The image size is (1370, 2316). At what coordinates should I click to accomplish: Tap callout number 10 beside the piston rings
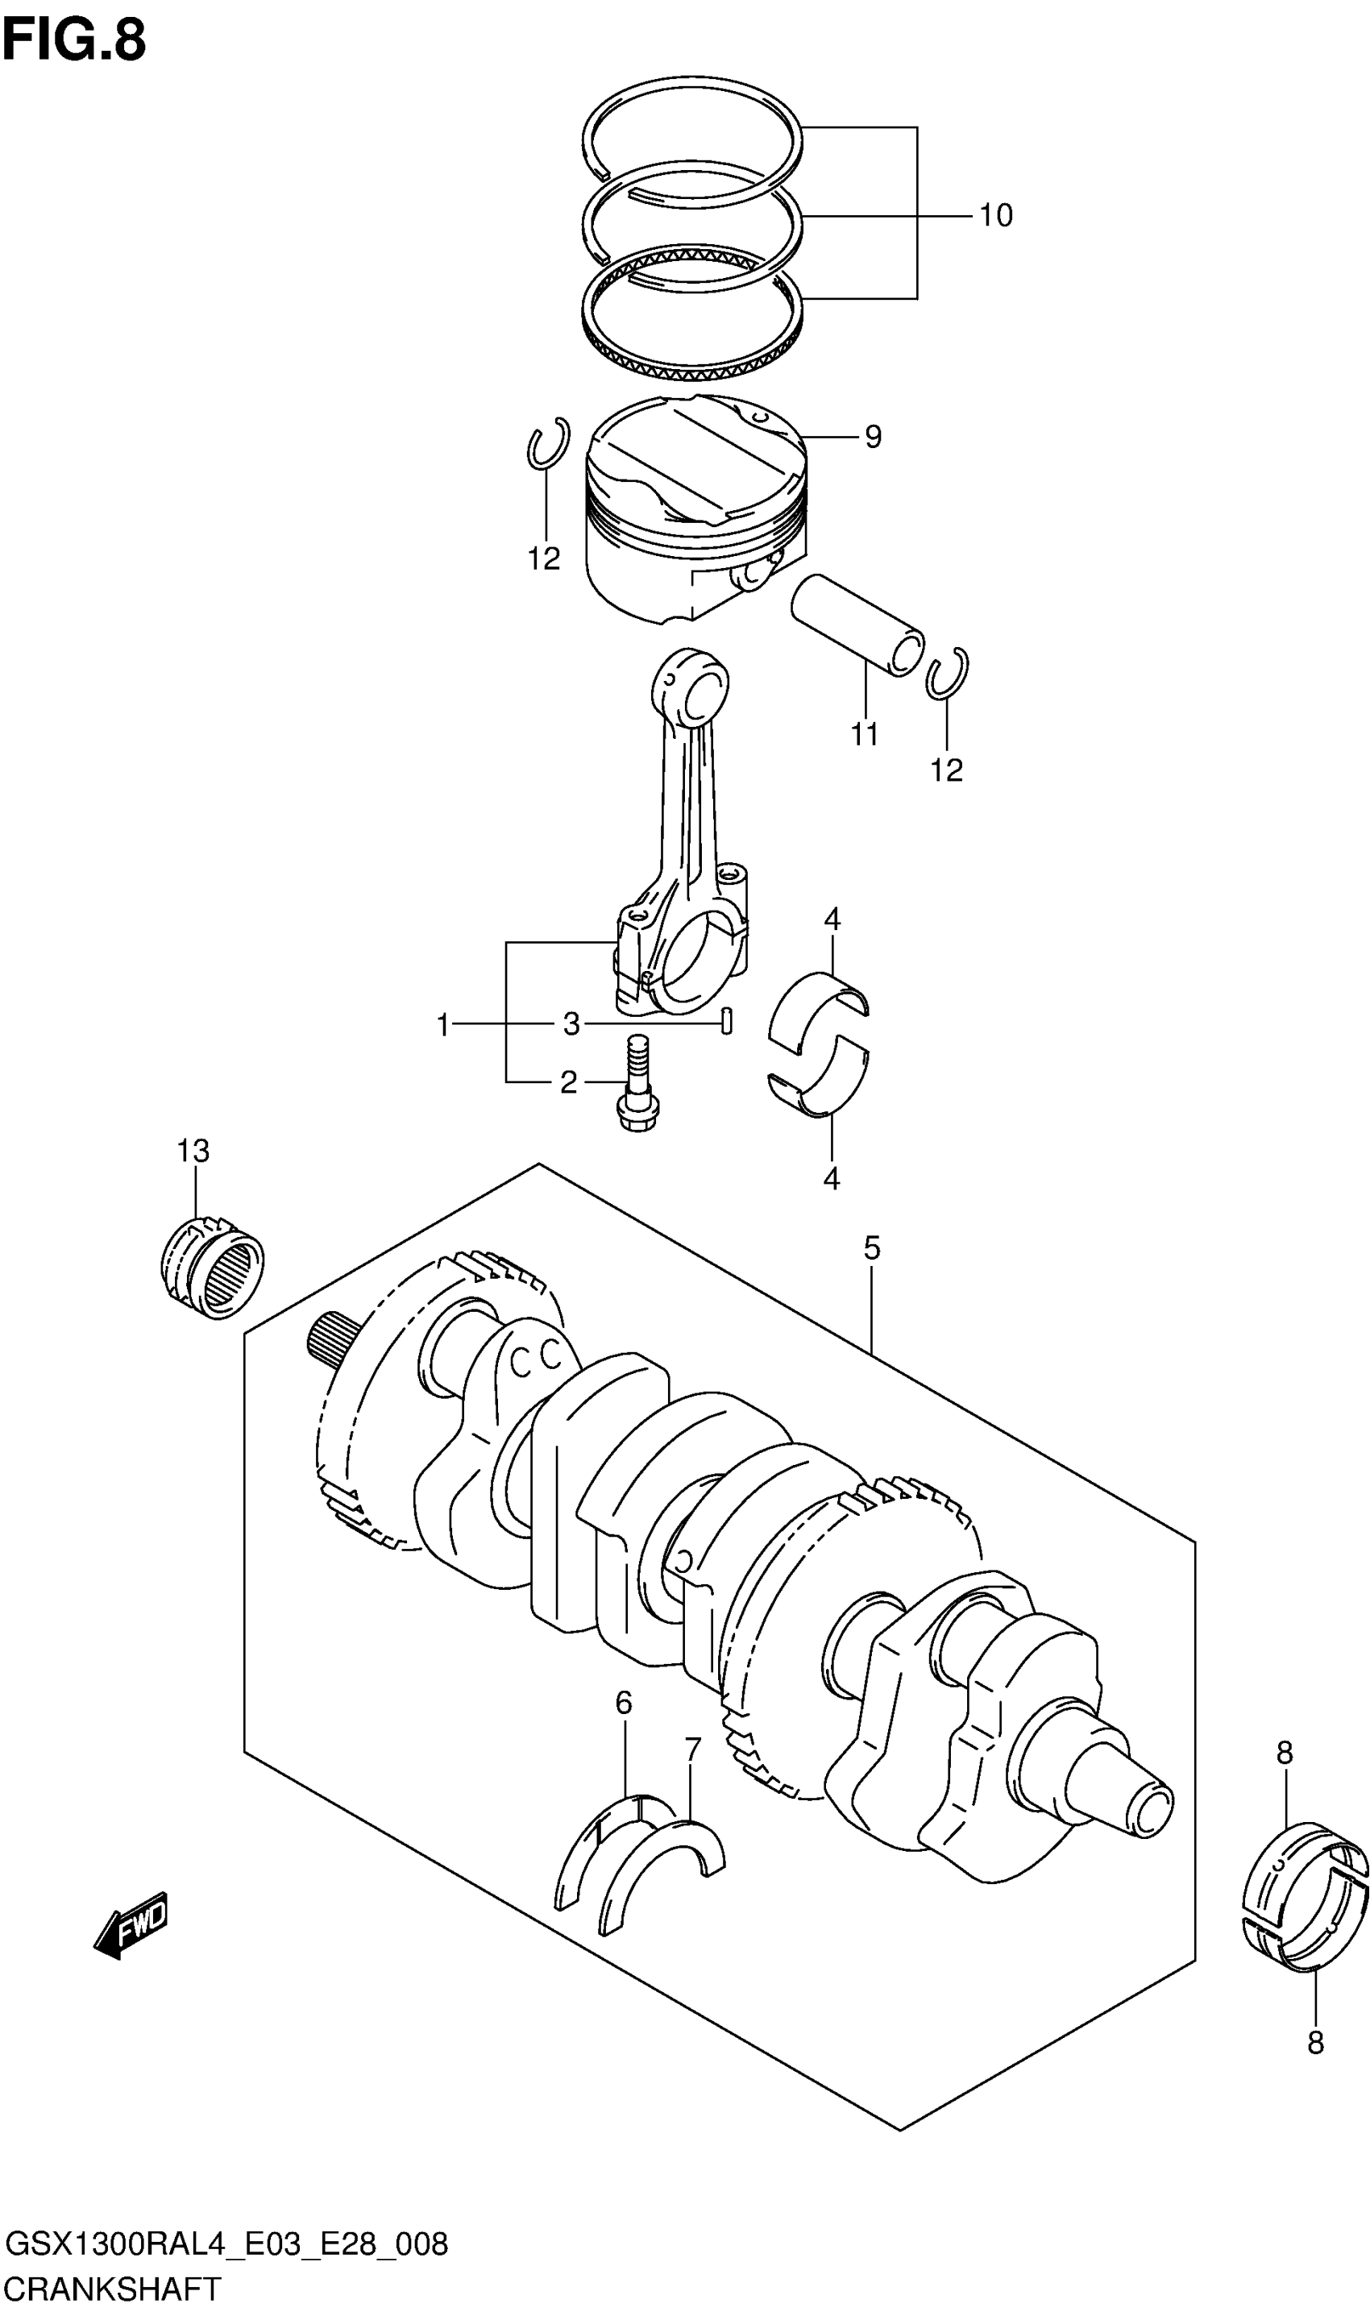(995, 215)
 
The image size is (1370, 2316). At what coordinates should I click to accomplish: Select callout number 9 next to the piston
(874, 436)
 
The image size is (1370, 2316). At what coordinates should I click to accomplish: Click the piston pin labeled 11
(857, 625)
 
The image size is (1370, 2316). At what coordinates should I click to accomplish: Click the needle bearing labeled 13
(211, 1268)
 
